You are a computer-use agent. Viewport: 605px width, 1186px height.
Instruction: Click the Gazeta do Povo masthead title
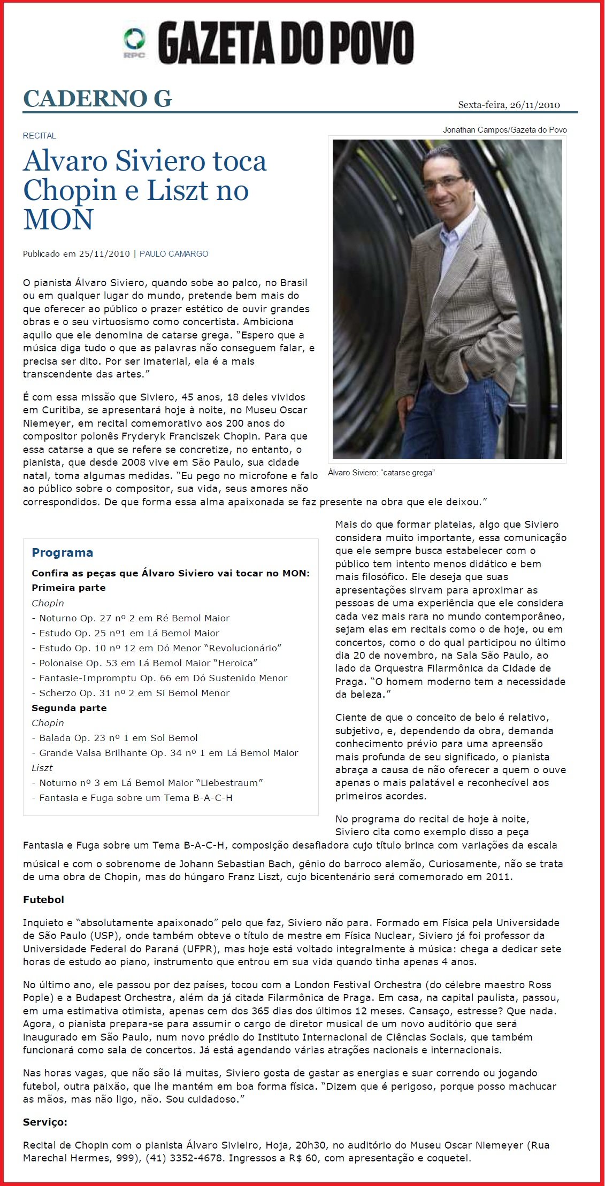286,43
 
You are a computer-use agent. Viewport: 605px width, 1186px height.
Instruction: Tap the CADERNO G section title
97,99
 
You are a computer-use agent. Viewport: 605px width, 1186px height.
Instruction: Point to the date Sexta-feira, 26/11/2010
509,105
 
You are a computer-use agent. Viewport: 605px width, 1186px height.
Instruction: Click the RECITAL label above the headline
39,136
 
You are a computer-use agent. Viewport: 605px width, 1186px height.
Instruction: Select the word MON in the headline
58,219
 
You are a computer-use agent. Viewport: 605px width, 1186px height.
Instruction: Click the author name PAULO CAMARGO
174,254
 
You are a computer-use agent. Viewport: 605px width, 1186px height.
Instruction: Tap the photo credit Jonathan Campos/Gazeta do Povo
504,130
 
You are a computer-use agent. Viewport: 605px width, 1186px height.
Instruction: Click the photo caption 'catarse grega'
381,473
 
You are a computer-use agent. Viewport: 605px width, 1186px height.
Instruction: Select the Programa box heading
62,553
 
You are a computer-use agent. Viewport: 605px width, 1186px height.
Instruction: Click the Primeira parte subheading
68,588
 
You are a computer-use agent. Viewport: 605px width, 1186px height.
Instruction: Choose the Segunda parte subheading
69,708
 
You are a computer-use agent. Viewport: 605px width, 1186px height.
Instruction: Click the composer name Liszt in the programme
42,768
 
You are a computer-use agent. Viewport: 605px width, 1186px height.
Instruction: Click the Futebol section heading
43,900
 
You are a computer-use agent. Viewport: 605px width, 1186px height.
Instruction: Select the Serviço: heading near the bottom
45,1122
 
